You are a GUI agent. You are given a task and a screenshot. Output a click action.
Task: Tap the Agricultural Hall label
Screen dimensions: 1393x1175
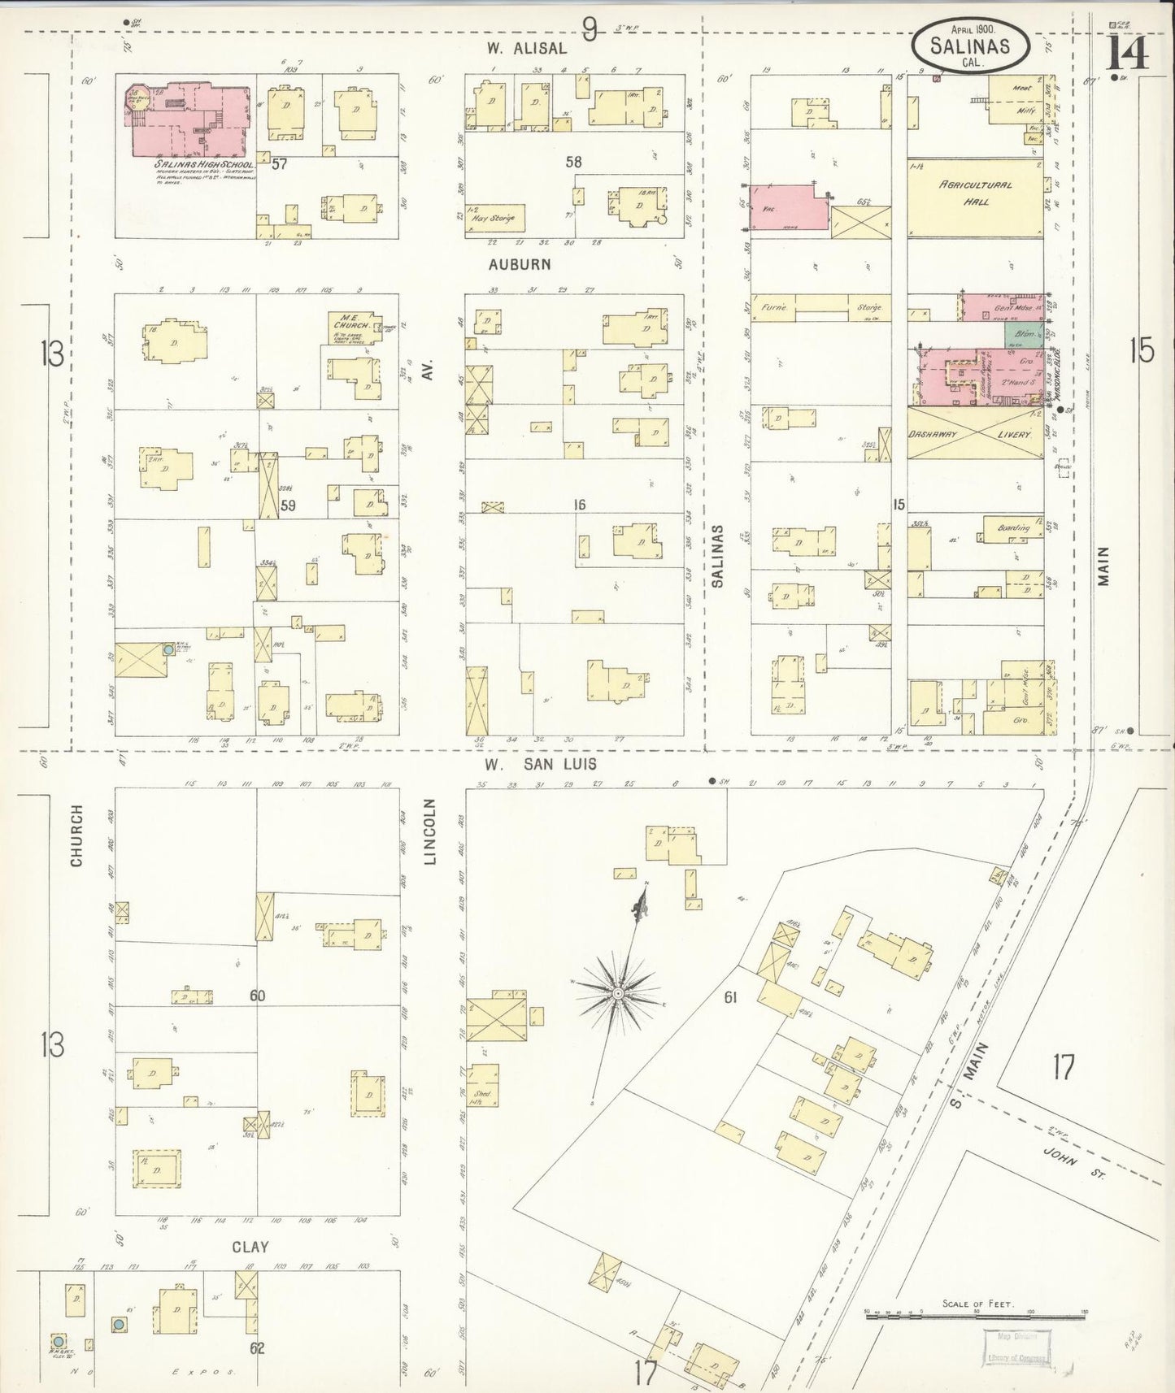976,192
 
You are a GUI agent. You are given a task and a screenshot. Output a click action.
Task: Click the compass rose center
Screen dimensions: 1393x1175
618,993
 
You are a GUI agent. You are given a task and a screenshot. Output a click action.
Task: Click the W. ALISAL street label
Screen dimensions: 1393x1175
526,48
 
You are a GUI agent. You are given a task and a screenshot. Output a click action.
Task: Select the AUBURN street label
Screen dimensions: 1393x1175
520,264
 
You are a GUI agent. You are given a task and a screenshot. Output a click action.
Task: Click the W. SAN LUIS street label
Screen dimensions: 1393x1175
541,764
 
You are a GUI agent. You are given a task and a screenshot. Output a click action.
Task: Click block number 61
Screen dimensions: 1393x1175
730,996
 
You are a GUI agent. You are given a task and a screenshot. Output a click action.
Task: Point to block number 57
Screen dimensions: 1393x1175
279,164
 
